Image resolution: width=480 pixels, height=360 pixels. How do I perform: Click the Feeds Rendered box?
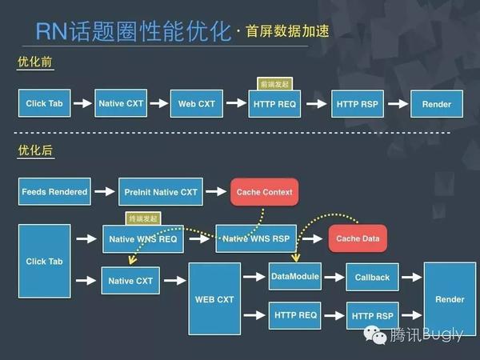pyautogui.click(x=54, y=192)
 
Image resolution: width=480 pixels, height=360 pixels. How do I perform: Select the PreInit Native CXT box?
pyautogui.click(x=161, y=192)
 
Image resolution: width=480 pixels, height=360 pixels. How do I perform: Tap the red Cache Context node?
pyautogui.click(x=265, y=192)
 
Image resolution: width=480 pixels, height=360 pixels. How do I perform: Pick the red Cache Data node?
pyautogui.click(x=357, y=238)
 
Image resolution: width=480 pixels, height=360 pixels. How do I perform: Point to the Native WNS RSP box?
pyautogui.click(x=257, y=238)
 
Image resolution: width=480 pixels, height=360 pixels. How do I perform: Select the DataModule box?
pyautogui.click(x=295, y=277)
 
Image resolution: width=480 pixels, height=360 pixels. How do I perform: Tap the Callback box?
pyautogui.click(x=372, y=278)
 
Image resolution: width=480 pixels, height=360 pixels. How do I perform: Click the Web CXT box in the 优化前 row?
pyautogui.click(x=195, y=104)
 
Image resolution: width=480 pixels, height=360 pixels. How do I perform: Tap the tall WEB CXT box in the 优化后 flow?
pyautogui.click(x=214, y=299)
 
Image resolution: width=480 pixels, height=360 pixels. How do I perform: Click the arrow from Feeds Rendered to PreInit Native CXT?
pyautogui.click(x=104, y=192)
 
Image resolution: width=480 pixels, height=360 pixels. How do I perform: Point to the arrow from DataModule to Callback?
pyautogui.click(x=334, y=278)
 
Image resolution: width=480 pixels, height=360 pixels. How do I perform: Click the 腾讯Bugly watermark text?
pyautogui.click(x=425, y=334)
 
